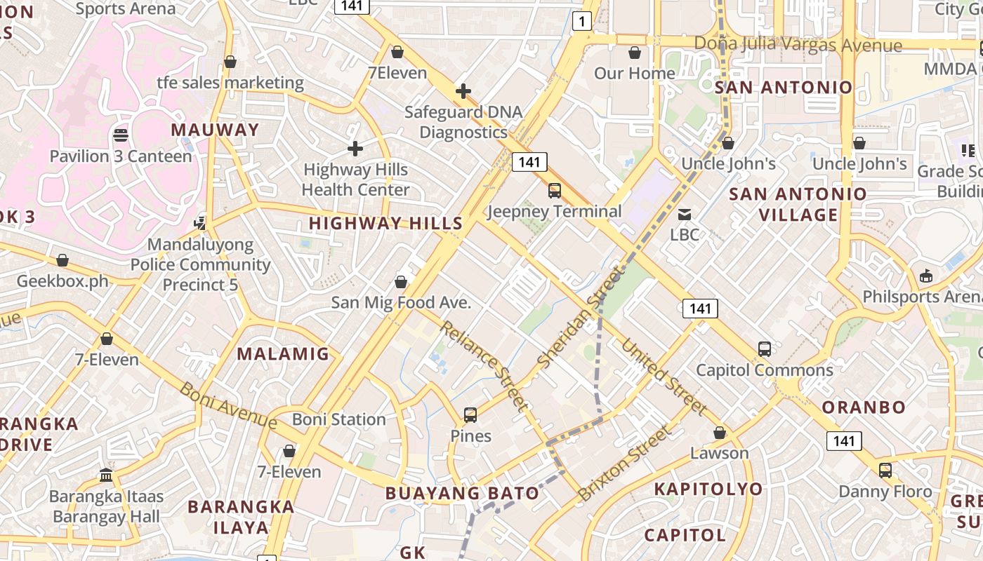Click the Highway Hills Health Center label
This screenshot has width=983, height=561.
[x=355, y=180]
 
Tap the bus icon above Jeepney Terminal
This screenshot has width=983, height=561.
[x=555, y=190]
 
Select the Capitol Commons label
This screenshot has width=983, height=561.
[x=764, y=370]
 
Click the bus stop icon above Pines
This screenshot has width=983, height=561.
[x=470, y=414]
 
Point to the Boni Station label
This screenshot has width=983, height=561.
[x=338, y=419]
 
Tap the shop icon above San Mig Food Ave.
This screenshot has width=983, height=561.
[x=401, y=282]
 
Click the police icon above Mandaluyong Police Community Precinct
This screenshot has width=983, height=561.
[x=201, y=223]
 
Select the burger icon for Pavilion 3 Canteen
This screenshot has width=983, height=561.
[x=121, y=135]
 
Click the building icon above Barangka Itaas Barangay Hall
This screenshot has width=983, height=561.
[x=107, y=475]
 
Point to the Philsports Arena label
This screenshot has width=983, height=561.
[x=921, y=297]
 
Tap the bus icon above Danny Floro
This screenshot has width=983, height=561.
[x=885, y=470]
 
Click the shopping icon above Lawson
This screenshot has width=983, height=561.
[x=720, y=433]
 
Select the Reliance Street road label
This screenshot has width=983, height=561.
[x=484, y=365]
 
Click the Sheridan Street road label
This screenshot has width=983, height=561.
[x=580, y=317]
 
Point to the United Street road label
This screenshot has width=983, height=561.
[x=664, y=377]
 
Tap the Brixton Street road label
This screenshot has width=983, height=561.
[x=624, y=463]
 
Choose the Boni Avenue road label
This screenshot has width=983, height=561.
[x=228, y=405]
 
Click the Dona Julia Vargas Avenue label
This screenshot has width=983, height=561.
[x=797, y=45]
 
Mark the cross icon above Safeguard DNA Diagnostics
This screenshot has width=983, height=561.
[x=463, y=91]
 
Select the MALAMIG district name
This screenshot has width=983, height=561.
[x=283, y=353]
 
